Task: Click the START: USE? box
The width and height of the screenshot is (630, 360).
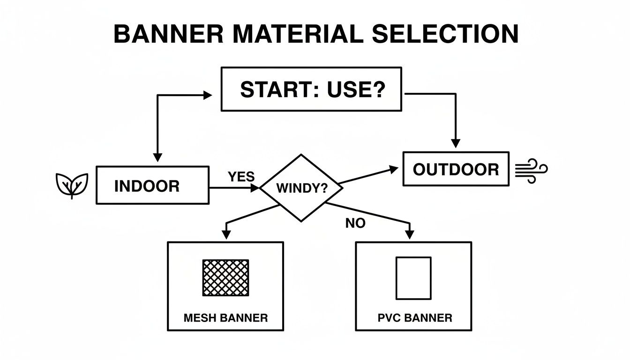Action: [x=311, y=89]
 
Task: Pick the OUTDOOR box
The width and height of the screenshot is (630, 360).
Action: [x=456, y=169]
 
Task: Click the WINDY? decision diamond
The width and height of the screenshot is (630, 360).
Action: [x=301, y=188]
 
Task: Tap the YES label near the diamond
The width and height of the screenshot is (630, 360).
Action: [x=241, y=177]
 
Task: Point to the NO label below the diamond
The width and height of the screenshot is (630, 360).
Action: [x=355, y=224]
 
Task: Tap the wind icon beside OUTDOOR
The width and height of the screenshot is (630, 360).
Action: [x=531, y=170]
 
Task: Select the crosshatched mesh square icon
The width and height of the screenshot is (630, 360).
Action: [x=225, y=277]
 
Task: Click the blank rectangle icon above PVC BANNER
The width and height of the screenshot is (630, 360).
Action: [x=413, y=278]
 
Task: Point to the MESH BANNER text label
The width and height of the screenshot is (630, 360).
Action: [x=225, y=318]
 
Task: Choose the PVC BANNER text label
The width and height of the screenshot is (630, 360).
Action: [x=415, y=318]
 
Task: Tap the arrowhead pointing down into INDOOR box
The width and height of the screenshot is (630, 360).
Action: [x=157, y=157]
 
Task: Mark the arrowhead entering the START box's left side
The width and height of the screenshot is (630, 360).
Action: [x=208, y=95]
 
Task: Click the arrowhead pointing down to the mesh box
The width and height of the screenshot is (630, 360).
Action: [x=227, y=233]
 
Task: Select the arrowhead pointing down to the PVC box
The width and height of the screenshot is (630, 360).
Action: [x=410, y=233]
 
